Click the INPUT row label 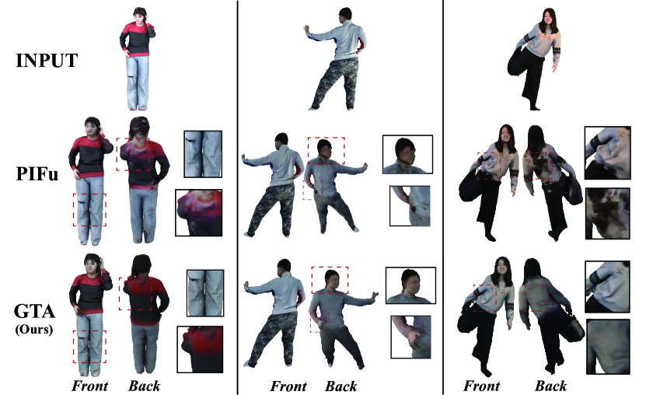pos(47,61)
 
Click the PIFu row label pos(37,174)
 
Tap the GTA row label pos(35,311)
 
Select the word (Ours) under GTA pos(34,330)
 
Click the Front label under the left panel pos(89,386)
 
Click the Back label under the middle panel pos(340,386)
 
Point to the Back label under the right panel pos(550,386)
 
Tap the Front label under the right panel pos(481,386)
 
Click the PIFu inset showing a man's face pos(407,154)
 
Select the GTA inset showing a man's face pos(410,285)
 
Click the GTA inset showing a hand pos(410,337)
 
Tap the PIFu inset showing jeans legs pos(203,154)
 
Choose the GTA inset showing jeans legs pos(205,293)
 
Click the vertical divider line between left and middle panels pos(237,197)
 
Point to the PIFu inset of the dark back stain pos(607,213)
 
